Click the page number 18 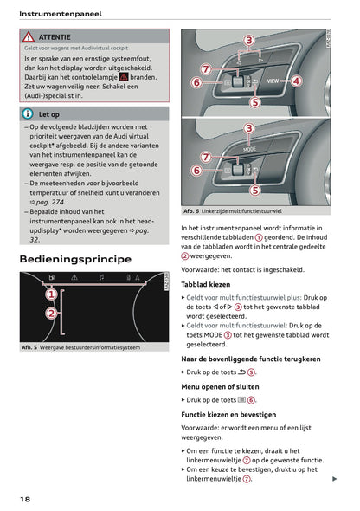tap(27, 500)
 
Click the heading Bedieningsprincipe tap(75, 259)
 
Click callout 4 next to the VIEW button tap(296, 81)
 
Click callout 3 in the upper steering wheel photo tap(248, 40)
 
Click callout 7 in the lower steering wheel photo tap(205, 157)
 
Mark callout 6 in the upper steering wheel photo tap(196, 82)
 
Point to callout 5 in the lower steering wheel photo tap(254, 190)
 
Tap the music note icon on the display tap(100, 278)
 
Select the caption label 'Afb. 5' tap(32, 347)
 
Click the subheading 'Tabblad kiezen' tap(206, 284)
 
